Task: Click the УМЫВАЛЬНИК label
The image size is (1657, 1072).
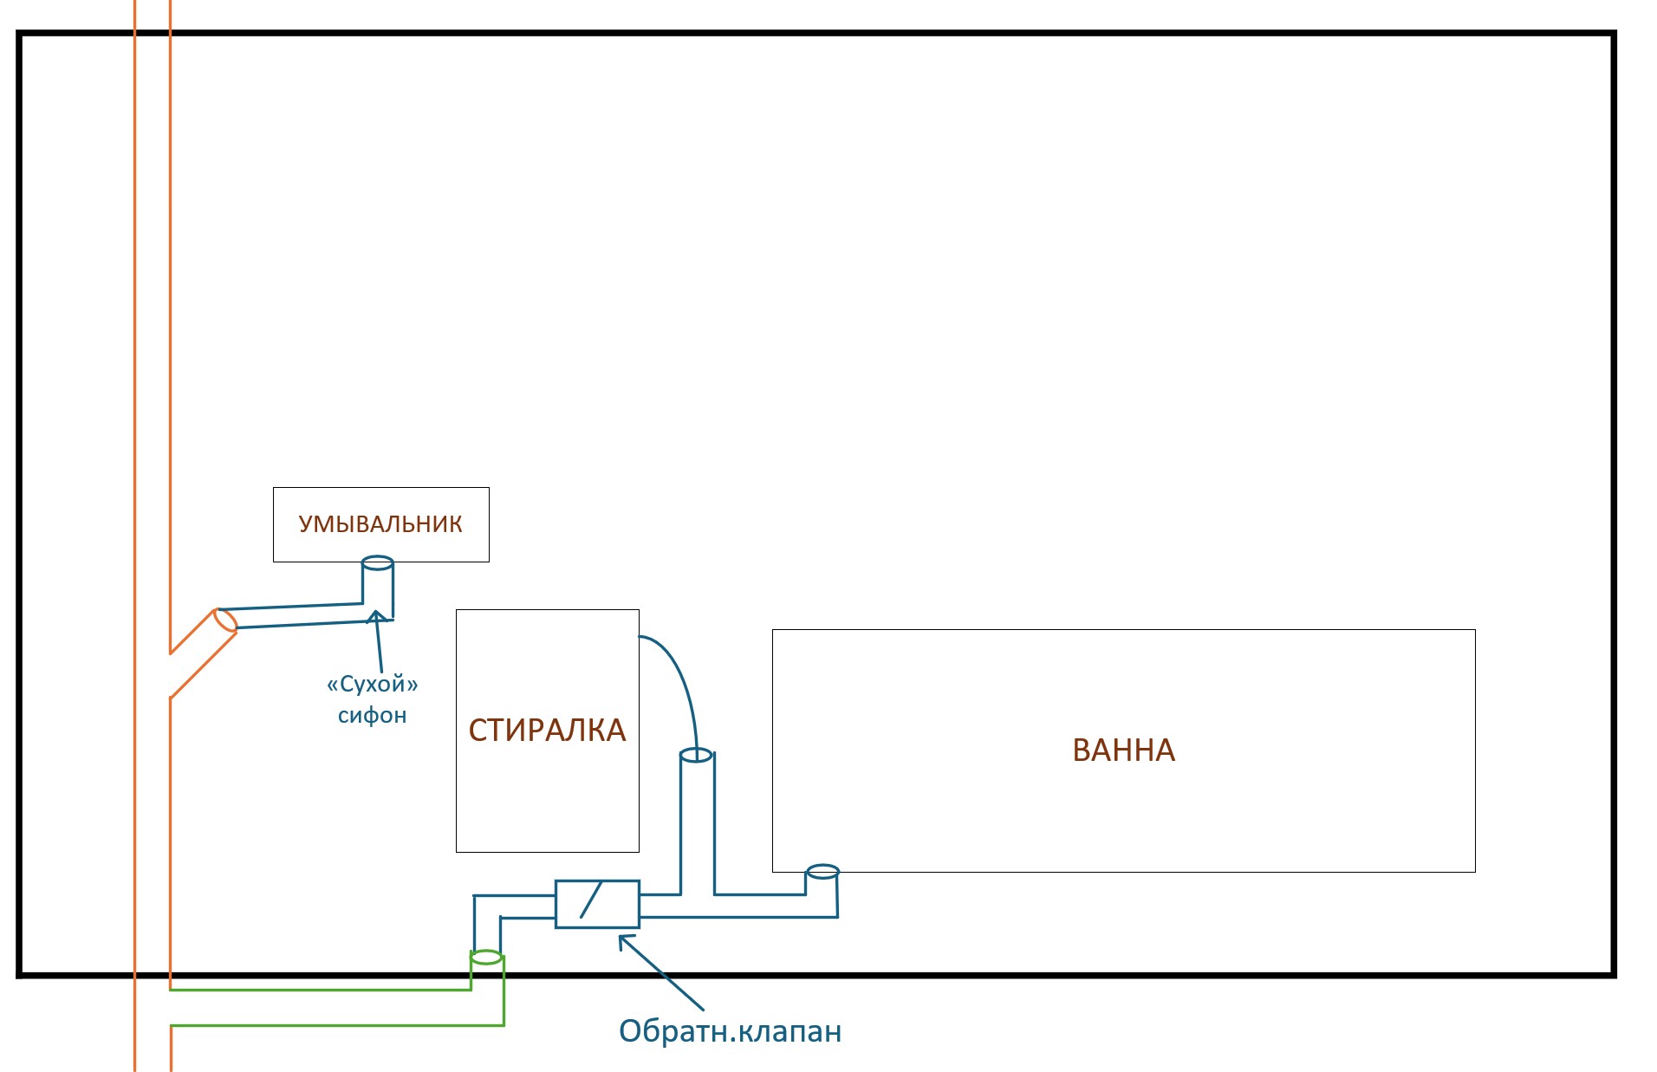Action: coord(380,524)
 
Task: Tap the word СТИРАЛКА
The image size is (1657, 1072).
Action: coord(547,731)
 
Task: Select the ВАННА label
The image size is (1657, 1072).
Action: coord(1123,750)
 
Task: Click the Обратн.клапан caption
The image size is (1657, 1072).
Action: coord(730,1031)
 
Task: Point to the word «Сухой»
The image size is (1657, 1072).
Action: coord(373,684)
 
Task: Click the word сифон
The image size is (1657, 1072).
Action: coord(372,716)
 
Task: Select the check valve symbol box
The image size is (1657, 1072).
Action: coord(597,904)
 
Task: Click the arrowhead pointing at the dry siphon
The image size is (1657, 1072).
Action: coord(376,617)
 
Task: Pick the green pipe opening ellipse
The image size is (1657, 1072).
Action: coord(486,958)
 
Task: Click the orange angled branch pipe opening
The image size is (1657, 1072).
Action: coord(225,620)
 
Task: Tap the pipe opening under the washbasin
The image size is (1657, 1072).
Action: coord(377,562)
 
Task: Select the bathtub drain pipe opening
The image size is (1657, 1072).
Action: coord(822,871)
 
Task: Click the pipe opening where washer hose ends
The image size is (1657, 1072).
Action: coord(696,756)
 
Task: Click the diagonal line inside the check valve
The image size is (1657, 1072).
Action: coord(591,900)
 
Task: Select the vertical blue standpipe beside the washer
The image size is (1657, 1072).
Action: coord(698,823)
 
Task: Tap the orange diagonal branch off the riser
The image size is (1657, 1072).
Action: coord(203,654)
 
